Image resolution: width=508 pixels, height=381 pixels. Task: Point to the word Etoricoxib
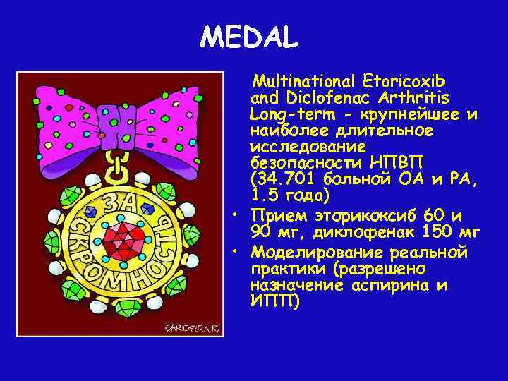(x=403, y=79)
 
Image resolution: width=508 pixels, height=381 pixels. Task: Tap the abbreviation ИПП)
(x=275, y=301)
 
